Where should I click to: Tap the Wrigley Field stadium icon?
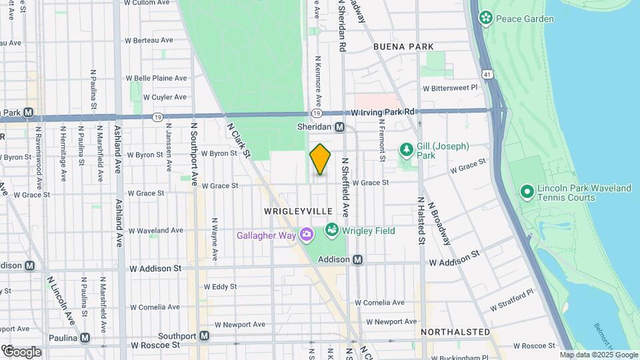(x=331, y=230)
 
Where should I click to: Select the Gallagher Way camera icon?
(x=306, y=234)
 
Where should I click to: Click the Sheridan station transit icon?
(x=339, y=127)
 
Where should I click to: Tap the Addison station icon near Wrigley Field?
(x=358, y=259)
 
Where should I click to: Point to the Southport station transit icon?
(x=205, y=336)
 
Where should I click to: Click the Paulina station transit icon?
(x=85, y=337)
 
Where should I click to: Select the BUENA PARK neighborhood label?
(x=403, y=47)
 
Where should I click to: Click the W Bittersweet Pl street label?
(x=451, y=87)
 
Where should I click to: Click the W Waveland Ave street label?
(x=156, y=230)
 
